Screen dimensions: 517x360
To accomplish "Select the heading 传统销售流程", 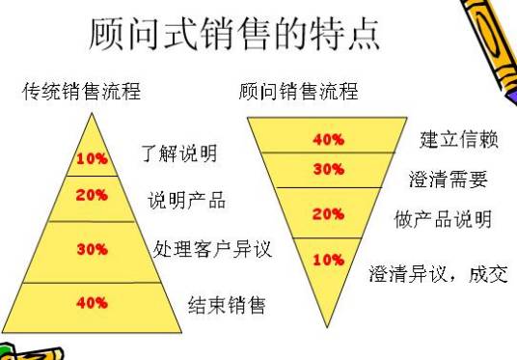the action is tap(82, 93).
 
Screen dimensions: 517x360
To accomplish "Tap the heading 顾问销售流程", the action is tap(298, 93).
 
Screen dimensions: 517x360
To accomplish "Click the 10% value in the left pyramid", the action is tap(92, 158).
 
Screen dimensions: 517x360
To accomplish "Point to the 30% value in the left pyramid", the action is tap(92, 249).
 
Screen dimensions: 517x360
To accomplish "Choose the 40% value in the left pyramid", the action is tap(92, 302).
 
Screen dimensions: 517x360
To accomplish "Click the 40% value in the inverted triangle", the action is tap(328, 138).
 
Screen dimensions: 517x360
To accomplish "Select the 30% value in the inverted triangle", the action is tap(328, 168).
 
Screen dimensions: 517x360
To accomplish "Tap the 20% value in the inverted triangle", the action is tap(328, 213).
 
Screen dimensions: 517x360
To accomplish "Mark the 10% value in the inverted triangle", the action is tap(328, 260).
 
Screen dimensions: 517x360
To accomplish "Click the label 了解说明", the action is tap(179, 153).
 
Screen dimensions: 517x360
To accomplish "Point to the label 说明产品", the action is tap(186, 201).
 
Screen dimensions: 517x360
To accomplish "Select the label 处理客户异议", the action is tap(212, 250).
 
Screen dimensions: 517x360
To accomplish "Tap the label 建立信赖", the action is tap(458, 140).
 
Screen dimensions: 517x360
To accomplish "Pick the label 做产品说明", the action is tap(443, 219).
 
